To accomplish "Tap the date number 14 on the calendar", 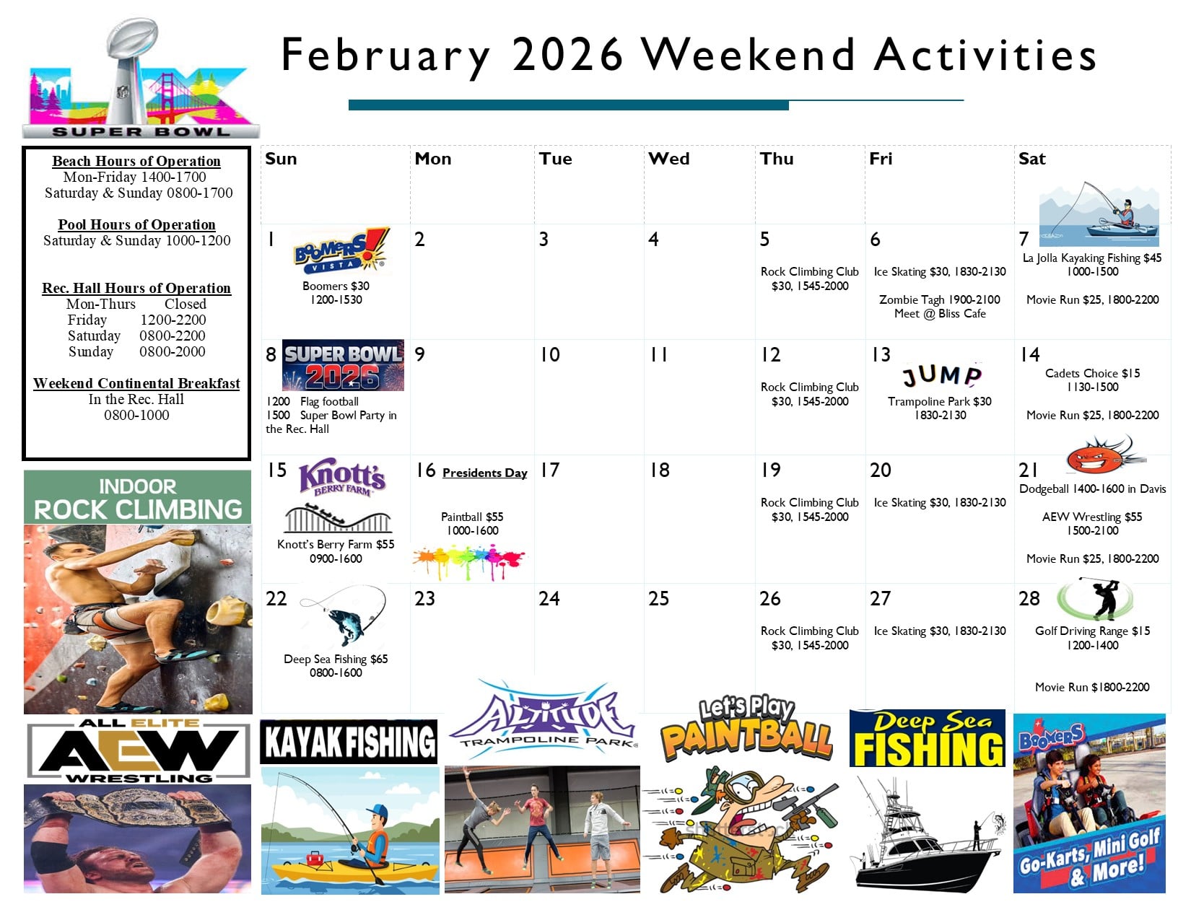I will (x=1030, y=355).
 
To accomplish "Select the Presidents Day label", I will (x=484, y=473).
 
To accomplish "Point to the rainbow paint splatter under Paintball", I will (x=469, y=561).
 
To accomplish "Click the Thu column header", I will (x=777, y=159).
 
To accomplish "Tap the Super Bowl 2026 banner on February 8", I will (x=343, y=365).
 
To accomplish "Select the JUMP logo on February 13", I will (x=942, y=374).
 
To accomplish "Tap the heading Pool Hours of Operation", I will (x=136, y=224).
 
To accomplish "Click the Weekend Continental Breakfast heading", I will (x=136, y=383).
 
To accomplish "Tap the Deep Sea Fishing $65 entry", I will (x=336, y=659).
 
